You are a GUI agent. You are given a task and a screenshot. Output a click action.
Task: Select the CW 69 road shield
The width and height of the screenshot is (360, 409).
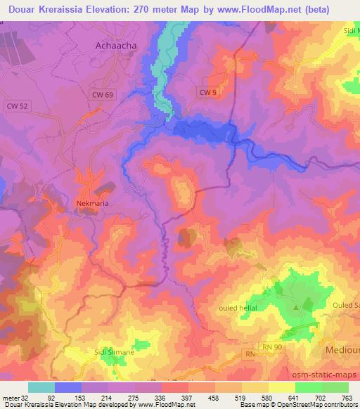pos(101,94)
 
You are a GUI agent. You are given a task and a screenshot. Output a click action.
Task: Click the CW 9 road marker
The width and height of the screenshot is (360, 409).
pos(206,92)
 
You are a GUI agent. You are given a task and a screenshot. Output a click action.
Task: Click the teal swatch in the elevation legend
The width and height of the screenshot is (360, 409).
pos(41,387)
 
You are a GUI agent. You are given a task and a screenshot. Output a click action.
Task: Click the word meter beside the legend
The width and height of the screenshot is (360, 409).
pos(10,398)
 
